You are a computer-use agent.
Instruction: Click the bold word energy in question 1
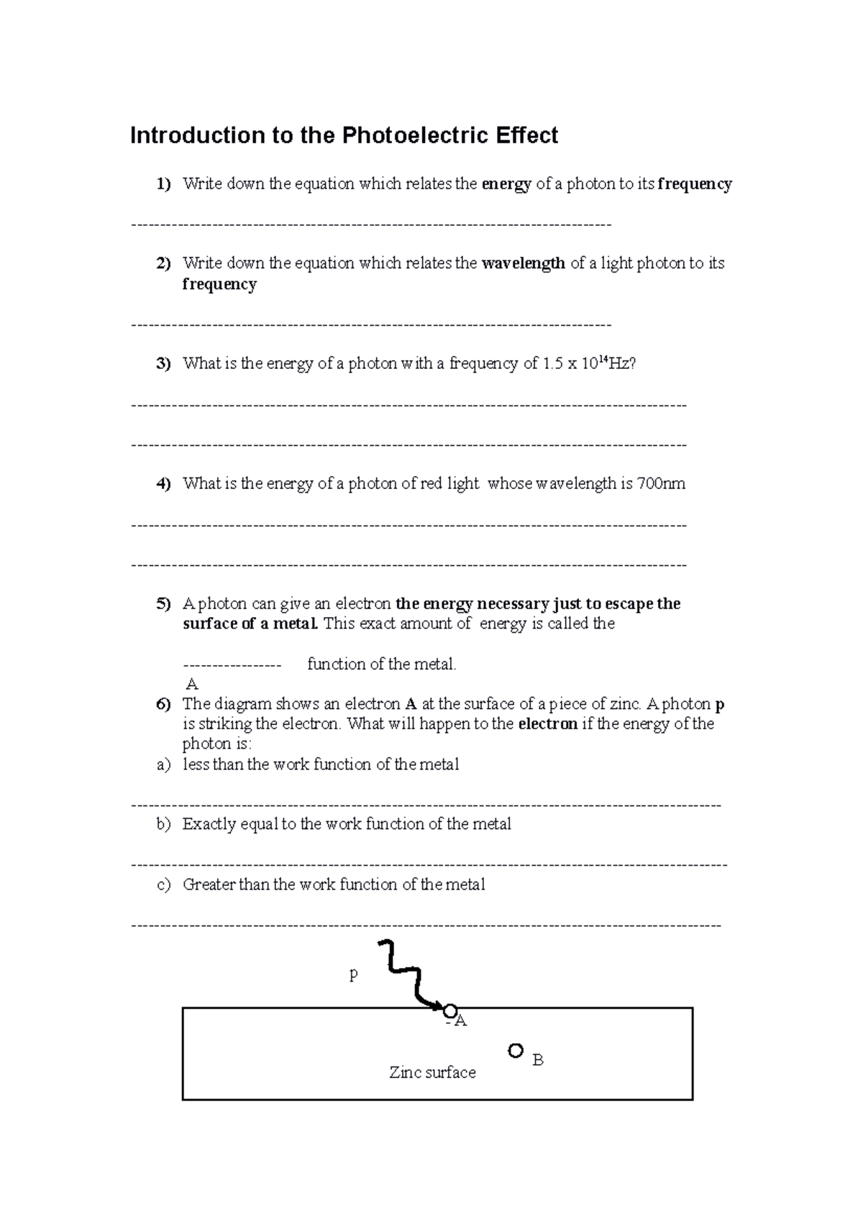[x=506, y=184]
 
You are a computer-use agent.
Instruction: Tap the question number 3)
[x=163, y=364]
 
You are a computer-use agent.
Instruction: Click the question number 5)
[x=163, y=604]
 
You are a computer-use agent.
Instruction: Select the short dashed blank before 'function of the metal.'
[x=232, y=664]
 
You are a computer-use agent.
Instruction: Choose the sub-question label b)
[x=164, y=824]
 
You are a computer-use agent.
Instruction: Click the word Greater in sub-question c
[x=209, y=884]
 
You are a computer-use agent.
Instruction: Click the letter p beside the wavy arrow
[x=353, y=975]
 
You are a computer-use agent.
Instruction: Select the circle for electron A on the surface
[x=450, y=1011]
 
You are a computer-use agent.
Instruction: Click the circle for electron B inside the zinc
[x=515, y=1051]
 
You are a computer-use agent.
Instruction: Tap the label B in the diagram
[x=537, y=1060]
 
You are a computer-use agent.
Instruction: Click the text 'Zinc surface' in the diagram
[x=432, y=1072]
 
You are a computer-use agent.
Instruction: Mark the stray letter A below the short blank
[x=191, y=684]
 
